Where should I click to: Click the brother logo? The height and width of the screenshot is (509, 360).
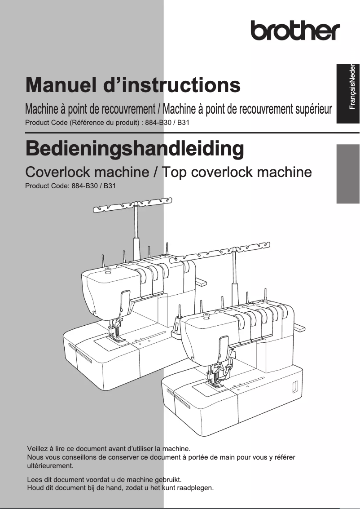pos(295,30)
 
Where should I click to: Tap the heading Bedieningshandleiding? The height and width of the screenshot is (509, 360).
pos(135,149)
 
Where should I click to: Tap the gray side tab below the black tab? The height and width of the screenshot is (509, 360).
pos(348,173)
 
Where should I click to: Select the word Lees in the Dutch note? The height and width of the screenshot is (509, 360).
pos(35,479)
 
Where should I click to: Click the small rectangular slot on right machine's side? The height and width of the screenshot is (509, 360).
pos(295,386)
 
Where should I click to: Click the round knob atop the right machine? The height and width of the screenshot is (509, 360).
pos(206,316)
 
